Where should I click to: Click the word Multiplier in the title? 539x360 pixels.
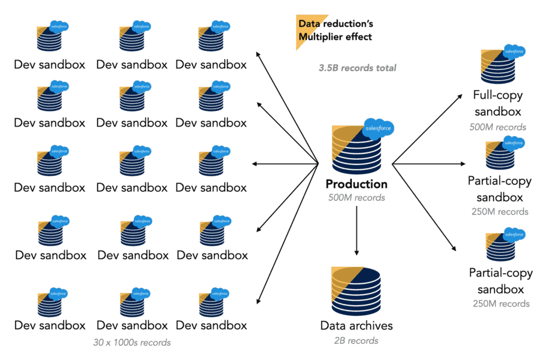pos(321,37)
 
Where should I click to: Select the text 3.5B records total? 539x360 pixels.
pos(357,68)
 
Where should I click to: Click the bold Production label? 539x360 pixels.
pos(356,184)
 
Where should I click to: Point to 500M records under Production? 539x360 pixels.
pos(356,198)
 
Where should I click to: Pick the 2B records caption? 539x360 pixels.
pos(356,340)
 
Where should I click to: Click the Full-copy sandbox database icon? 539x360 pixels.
pos(498,67)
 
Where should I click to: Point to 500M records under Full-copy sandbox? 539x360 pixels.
pos(498,127)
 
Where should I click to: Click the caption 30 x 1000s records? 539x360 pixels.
pos(132,342)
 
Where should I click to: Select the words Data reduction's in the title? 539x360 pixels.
pos(335,24)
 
